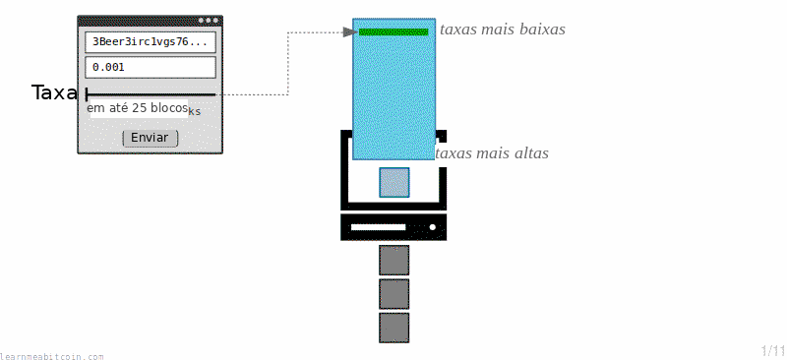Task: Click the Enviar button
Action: [x=151, y=138]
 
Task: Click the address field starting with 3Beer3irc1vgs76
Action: [x=151, y=42]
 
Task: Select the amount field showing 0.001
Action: [x=151, y=67]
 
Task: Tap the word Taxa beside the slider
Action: [x=54, y=92]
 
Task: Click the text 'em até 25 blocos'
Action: [x=138, y=108]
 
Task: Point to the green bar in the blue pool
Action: [x=393, y=32]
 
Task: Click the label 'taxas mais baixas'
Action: [x=503, y=30]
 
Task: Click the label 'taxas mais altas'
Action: [x=492, y=152]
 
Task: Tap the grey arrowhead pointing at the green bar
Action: [x=350, y=32]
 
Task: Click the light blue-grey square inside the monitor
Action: [x=394, y=182]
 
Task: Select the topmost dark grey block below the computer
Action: [x=394, y=260]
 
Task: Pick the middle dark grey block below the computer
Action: [x=394, y=294]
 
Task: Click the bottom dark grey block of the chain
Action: [x=394, y=328]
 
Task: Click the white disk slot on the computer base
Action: [x=378, y=227]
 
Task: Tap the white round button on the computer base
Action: [x=433, y=227]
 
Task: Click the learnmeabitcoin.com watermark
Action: [x=52, y=356]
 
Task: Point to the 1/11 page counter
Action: [x=773, y=350]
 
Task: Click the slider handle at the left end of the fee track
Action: [x=88, y=94]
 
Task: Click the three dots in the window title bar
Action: [x=209, y=21]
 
